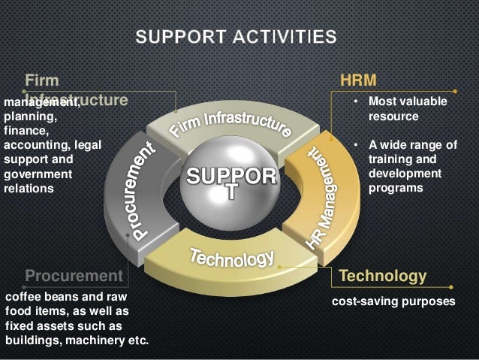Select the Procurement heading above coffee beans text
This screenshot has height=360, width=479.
pos(74,276)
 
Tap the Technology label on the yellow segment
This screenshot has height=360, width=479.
pos(232,257)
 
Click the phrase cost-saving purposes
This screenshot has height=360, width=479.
pos(393,301)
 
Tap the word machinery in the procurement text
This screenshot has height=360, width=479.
pos(98,340)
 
